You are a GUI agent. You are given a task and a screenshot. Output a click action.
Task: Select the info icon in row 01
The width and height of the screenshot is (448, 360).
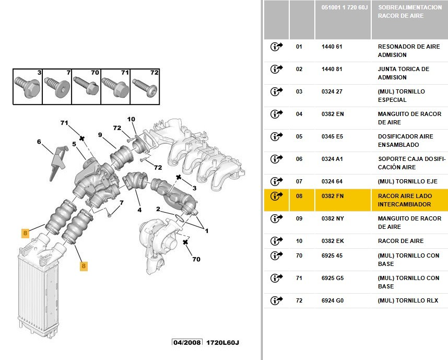(276, 47)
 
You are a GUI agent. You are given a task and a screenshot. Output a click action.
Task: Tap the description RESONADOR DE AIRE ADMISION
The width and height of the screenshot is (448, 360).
(409, 51)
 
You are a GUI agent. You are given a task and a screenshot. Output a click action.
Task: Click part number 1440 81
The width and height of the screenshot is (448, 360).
(332, 69)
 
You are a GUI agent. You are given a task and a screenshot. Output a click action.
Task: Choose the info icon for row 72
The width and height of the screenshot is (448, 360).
(276, 300)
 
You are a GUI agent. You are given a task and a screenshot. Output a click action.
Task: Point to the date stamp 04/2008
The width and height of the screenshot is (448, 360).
(187, 342)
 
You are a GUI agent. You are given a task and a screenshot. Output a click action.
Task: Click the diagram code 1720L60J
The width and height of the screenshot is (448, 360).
(222, 342)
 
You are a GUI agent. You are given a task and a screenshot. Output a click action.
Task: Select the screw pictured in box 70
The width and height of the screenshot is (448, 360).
(86, 86)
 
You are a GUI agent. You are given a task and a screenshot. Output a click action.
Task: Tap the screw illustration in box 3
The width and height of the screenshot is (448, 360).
(28, 87)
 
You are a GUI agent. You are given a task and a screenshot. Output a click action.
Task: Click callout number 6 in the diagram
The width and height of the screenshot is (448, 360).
(39, 142)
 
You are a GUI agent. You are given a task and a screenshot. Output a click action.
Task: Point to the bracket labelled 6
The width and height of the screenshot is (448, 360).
(58, 163)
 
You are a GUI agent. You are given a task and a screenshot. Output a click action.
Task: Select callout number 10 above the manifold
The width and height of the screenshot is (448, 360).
(131, 119)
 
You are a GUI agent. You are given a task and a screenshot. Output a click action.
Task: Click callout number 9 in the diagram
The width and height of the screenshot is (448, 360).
(100, 135)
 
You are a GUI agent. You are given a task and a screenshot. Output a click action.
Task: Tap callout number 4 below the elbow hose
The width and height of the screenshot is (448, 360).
(139, 210)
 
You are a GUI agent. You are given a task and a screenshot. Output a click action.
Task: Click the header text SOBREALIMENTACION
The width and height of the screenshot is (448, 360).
(410, 7)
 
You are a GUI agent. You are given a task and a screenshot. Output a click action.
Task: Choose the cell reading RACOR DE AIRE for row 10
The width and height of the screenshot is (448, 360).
(400, 241)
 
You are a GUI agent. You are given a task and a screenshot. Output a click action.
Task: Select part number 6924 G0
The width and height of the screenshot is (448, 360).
(333, 300)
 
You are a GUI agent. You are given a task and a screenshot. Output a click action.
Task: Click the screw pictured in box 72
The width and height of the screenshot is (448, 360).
(145, 87)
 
